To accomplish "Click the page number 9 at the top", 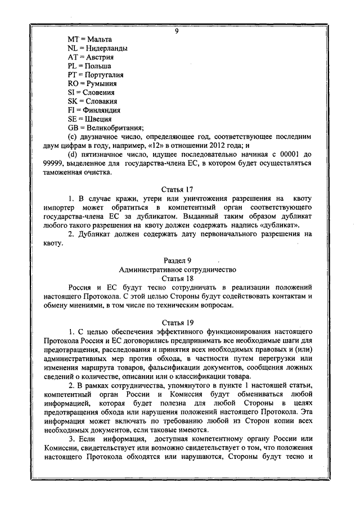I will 177,31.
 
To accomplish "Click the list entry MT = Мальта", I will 89,39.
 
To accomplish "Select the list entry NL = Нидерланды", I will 97,48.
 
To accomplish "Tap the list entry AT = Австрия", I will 91,57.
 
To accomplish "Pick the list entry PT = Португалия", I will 96,75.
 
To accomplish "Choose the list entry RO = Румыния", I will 92,83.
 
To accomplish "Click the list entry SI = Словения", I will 91,92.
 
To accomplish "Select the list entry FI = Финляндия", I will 94,110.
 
